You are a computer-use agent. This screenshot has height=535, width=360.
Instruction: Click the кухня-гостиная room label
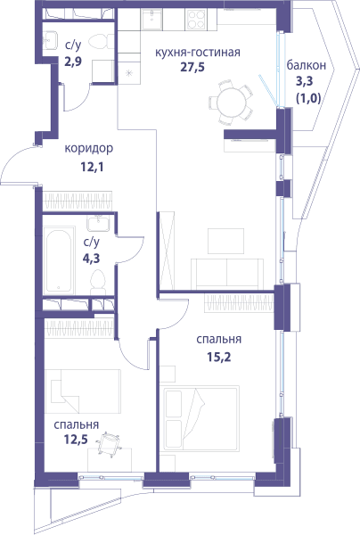pos(198,53)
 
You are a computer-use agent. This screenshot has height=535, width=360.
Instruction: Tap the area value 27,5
pos(192,67)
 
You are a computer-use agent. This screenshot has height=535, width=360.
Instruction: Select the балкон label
pos(306,65)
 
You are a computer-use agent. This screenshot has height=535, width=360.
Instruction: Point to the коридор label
pos(88,149)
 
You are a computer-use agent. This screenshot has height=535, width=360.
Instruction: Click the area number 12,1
pos(92,168)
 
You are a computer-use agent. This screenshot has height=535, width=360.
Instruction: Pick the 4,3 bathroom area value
pos(92,259)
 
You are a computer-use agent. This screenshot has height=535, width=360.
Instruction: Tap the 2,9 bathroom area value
pos(73,62)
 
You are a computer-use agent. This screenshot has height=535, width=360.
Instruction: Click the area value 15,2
pos(219,358)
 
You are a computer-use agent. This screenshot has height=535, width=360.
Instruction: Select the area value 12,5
pos(76,440)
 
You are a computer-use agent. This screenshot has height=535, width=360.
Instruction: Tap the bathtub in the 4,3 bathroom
pos(59,261)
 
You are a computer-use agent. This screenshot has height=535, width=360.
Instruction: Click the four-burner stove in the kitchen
pos(196,19)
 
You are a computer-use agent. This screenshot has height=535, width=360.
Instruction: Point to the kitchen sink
pos(151,20)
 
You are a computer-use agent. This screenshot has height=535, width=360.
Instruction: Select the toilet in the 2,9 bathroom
pos(102,41)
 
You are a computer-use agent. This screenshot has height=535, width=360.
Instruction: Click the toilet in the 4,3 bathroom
pos(98,282)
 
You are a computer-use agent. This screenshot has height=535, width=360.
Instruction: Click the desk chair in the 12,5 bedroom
pos(109,443)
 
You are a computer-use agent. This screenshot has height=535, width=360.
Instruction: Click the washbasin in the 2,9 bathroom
pos(51,40)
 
